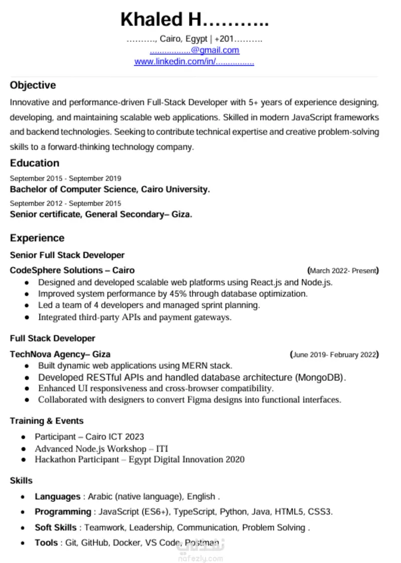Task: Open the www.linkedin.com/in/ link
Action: pos(175,62)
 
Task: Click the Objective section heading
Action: pos(33,85)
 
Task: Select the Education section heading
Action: pos(35,163)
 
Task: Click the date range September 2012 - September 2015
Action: pos(66,204)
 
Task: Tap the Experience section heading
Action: pos(37,238)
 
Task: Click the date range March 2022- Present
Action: pos(343,271)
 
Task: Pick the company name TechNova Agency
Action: pos(47,354)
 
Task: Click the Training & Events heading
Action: pos(47,421)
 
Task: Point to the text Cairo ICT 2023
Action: pos(114,437)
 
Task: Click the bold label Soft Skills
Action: pos(56,527)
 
